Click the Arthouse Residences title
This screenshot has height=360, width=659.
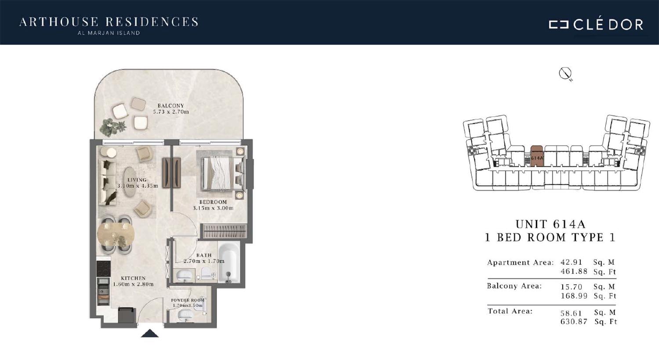pyautogui.click(x=109, y=22)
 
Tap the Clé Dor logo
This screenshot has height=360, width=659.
pyautogui.click(x=596, y=25)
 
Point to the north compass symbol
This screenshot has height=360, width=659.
pyautogui.click(x=565, y=73)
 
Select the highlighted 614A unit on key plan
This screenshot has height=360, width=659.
pyautogui.click(x=537, y=156)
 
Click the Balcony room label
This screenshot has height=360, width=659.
pyautogui.click(x=170, y=105)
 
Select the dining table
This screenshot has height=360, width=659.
pyautogui.click(x=116, y=234)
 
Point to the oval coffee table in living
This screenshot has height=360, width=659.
pyautogui.click(x=130, y=182)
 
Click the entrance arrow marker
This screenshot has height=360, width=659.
pyautogui.click(x=150, y=333)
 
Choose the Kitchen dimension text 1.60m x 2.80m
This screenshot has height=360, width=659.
pyautogui.click(x=133, y=284)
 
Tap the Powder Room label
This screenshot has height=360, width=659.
pyautogui.click(x=188, y=300)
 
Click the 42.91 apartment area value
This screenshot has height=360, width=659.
pyautogui.click(x=571, y=262)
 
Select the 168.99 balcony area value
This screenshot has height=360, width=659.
pyautogui.click(x=574, y=295)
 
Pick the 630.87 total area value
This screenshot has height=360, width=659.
pyautogui.click(x=574, y=321)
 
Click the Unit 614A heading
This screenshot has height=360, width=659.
pyautogui.click(x=550, y=224)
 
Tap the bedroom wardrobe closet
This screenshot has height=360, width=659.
pyautogui.click(x=224, y=231)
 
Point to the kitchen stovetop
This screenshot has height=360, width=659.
pyautogui.click(x=104, y=269)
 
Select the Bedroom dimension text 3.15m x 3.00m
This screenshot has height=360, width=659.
pyautogui.click(x=213, y=208)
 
